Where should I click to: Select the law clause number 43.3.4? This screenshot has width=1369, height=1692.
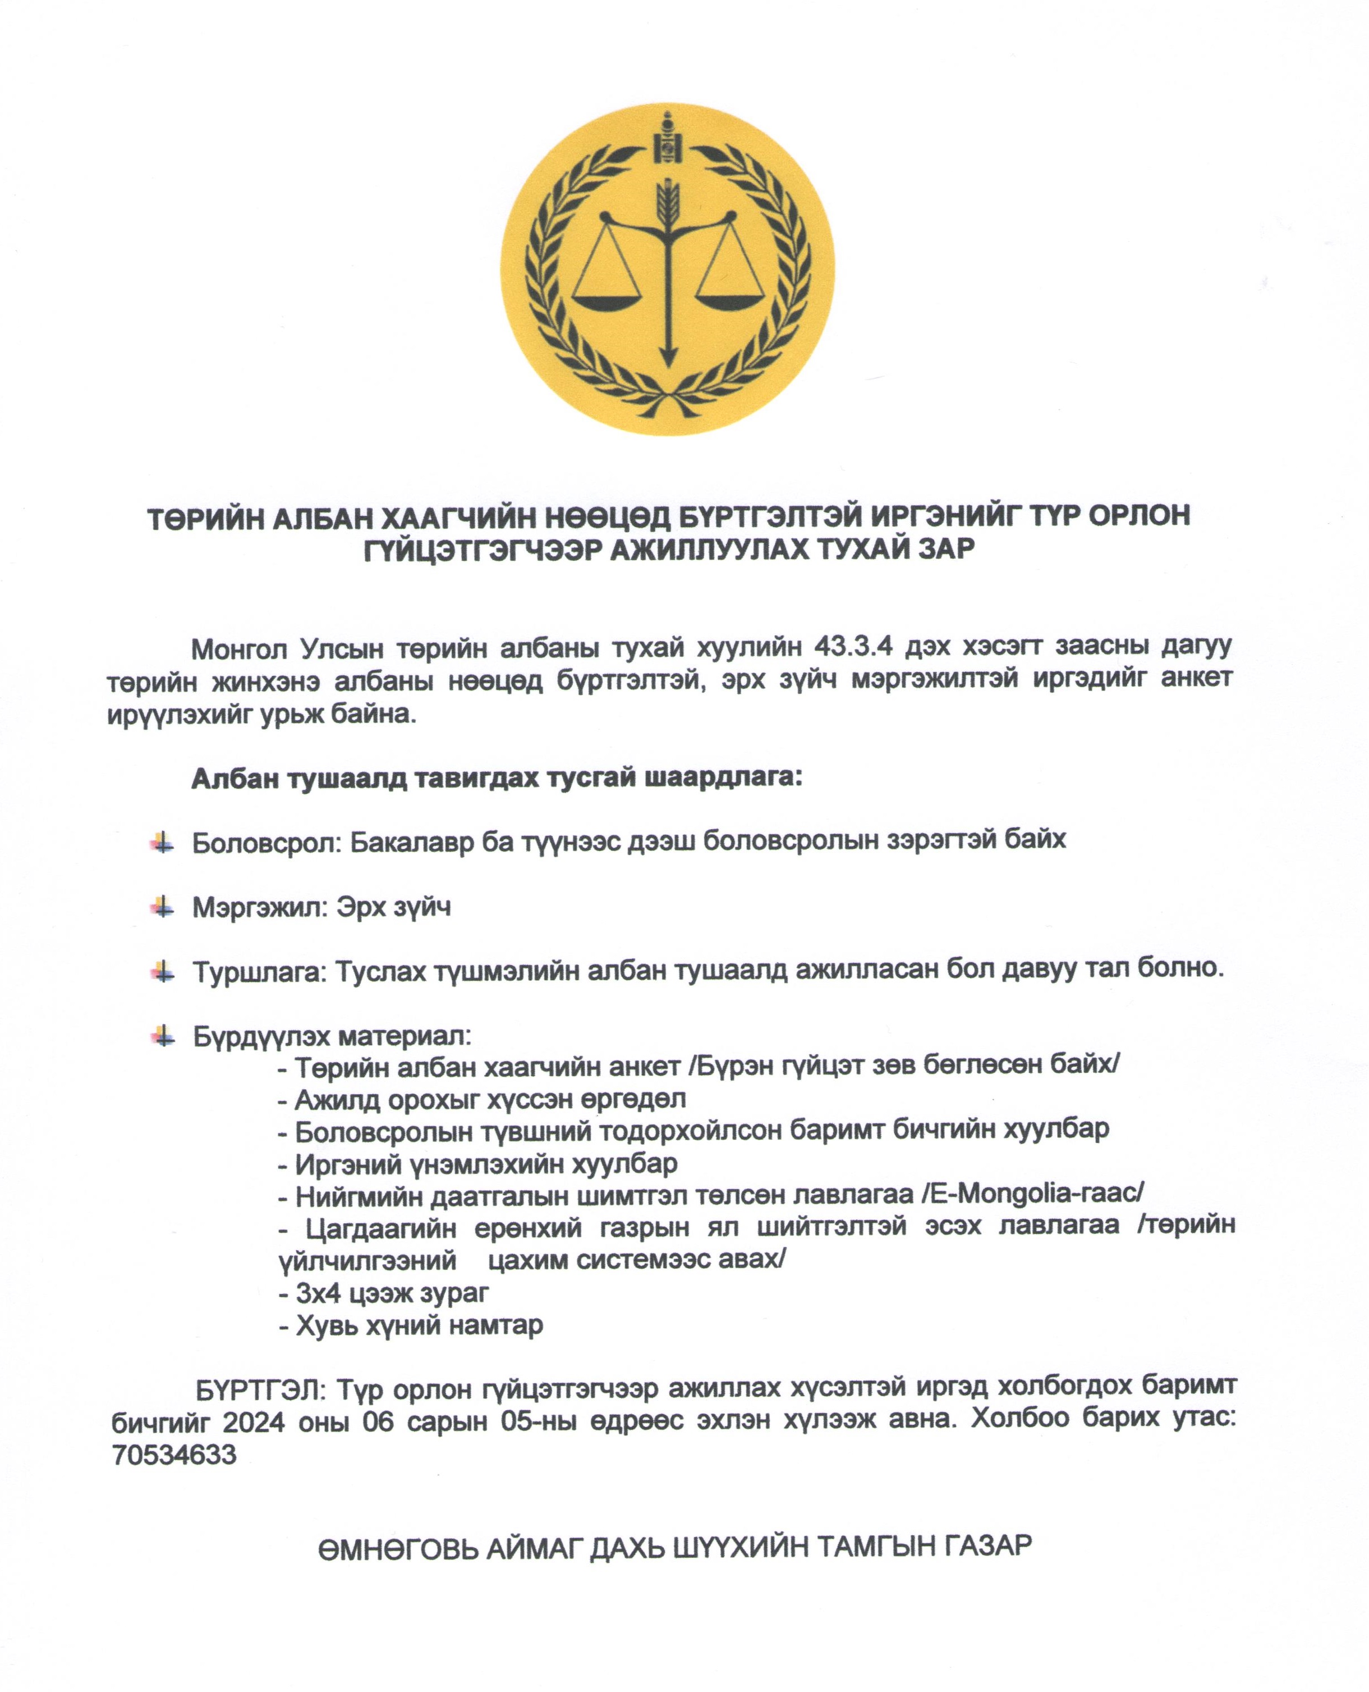[853, 647]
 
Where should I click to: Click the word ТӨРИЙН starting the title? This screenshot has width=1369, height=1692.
[202, 516]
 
